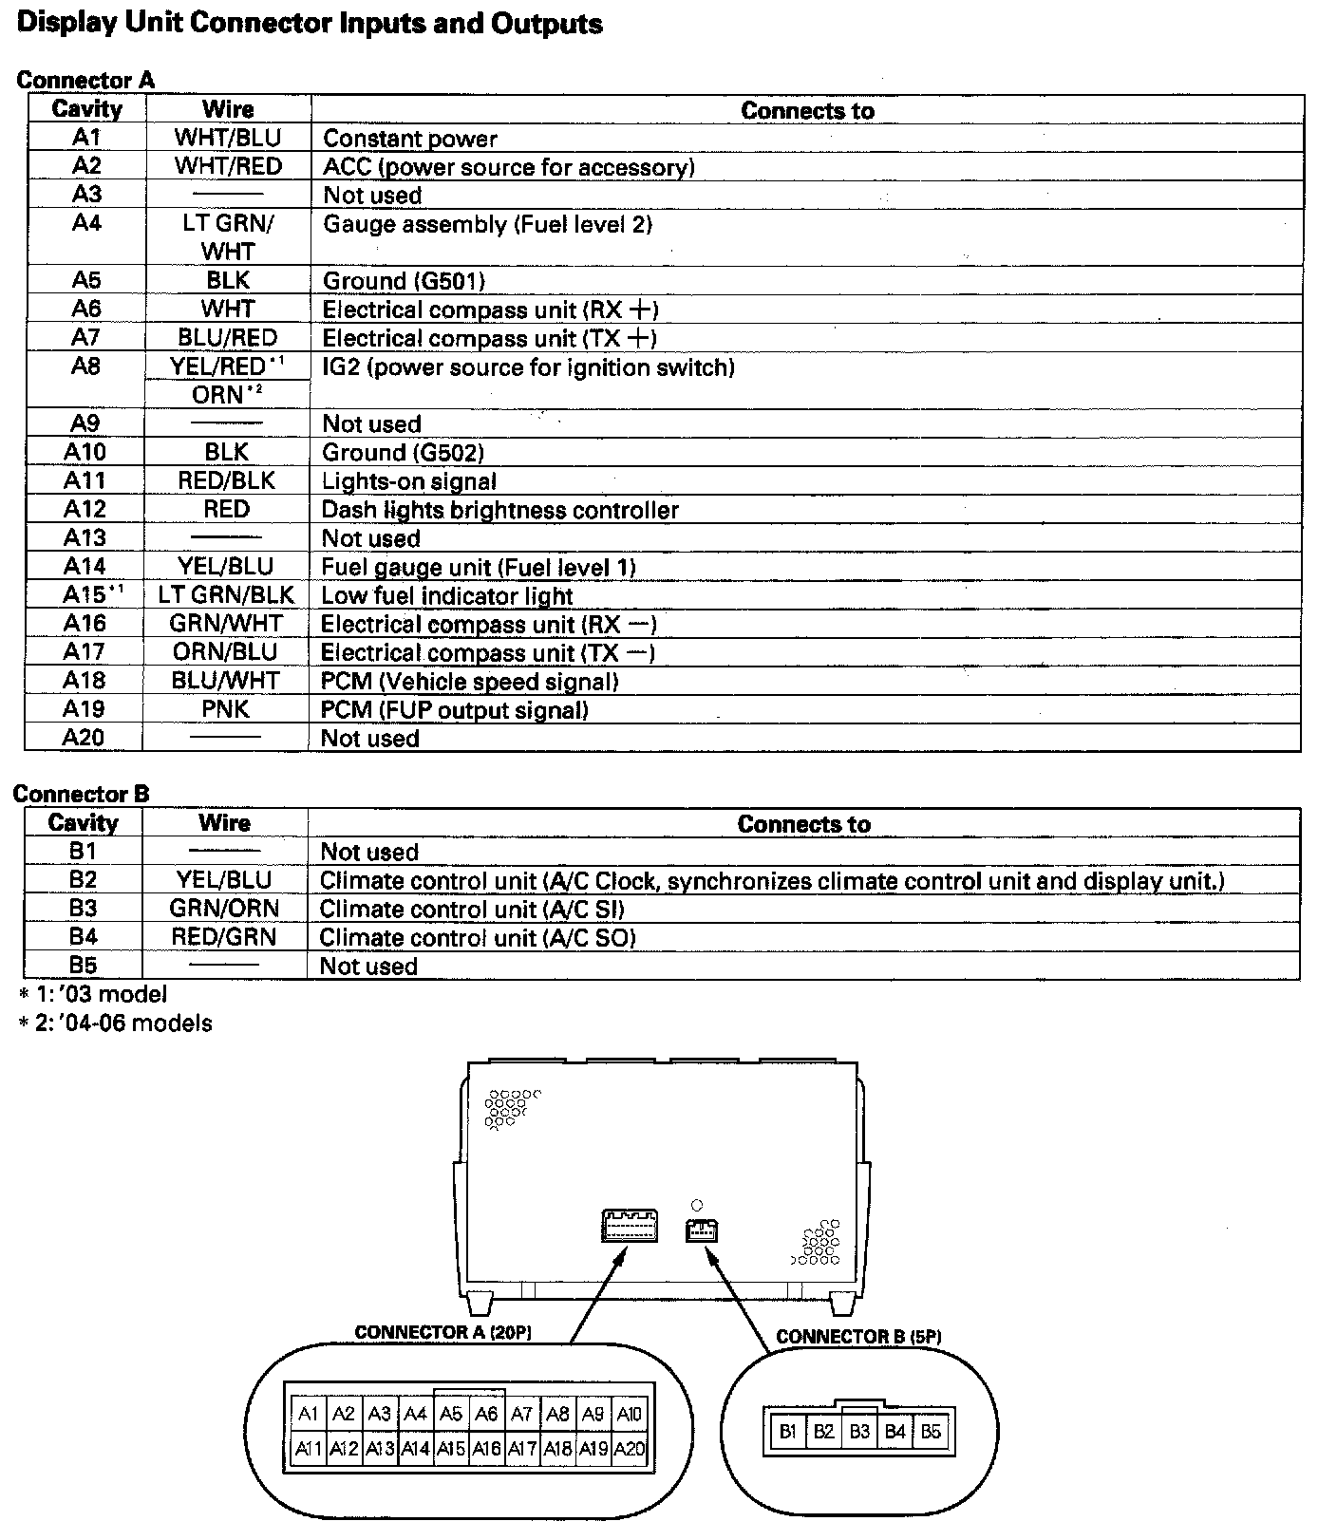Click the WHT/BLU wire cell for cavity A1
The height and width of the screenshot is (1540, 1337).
(x=228, y=138)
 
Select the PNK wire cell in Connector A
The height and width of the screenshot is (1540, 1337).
(x=226, y=709)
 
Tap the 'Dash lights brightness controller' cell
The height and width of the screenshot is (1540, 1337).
(x=500, y=510)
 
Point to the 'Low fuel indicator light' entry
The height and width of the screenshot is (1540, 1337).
(x=447, y=596)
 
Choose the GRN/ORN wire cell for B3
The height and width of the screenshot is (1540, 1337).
(x=224, y=909)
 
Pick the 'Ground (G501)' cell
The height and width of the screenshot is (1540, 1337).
(x=404, y=281)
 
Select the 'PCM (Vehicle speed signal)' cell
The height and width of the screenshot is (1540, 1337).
(x=470, y=682)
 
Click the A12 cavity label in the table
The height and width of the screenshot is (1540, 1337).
(x=85, y=510)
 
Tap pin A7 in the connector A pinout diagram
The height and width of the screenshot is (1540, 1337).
(x=521, y=1415)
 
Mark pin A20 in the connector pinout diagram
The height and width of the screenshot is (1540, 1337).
(x=629, y=1450)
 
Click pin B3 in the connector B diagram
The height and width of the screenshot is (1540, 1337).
(x=859, y=1432)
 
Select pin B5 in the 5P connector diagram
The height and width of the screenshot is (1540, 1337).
(x=931, y=1432)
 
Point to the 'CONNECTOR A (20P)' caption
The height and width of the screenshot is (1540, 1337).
(x=443, y=1333)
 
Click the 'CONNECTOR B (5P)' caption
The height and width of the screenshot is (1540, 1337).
(x=858, y=1337)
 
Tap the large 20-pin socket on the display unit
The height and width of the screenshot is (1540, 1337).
(x=629, y=1226)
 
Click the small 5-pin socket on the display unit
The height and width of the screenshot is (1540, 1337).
(x=701, y=1230)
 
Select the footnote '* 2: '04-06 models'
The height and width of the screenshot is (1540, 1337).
(x=115, y=1024)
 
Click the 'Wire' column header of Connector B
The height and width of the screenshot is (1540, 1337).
(x=225, y=823)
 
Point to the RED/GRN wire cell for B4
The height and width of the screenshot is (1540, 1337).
(x=224, y=937)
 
